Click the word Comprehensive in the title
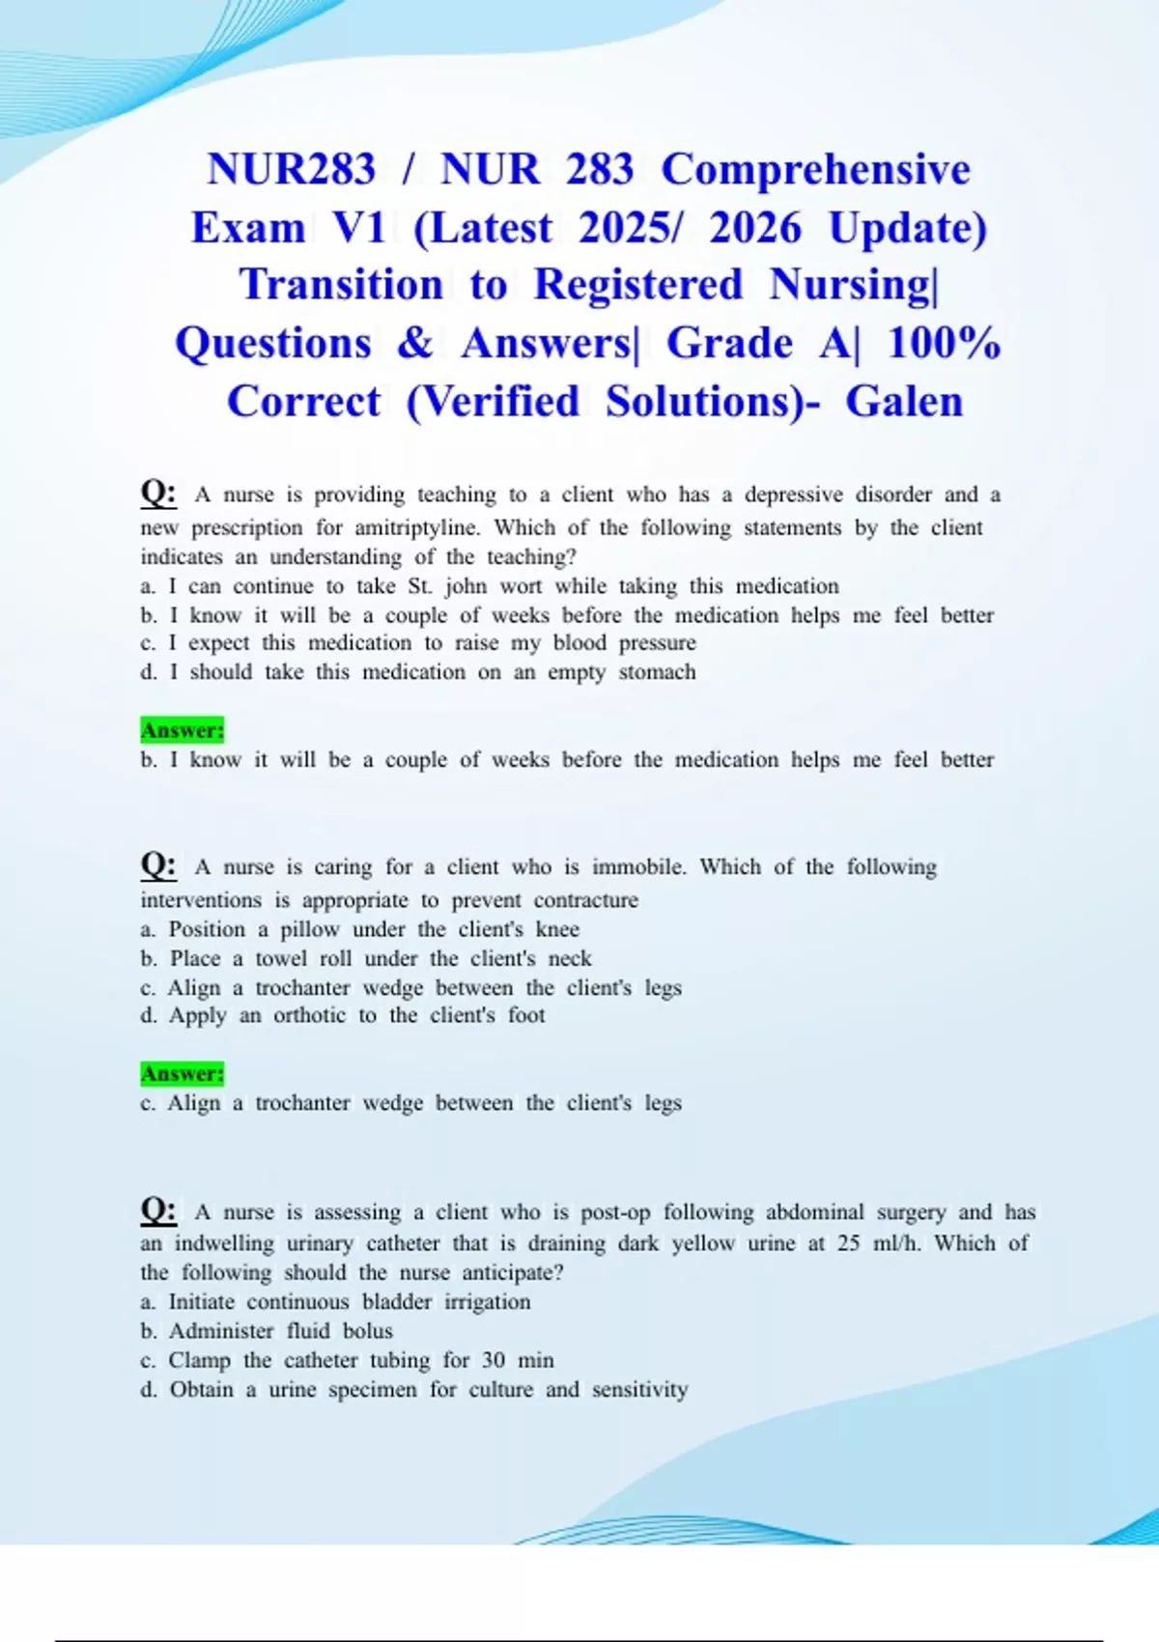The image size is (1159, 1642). pos(815,169)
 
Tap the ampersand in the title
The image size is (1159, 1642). pos(415,343)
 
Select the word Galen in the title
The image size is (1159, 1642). pos(904,402)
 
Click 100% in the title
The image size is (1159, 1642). pos(944,343)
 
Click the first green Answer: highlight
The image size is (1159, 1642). pos(183,730)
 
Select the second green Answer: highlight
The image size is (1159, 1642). pos(183,1073)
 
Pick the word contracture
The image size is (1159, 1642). pos(585,900)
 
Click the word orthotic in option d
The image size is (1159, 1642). pos(309,1015)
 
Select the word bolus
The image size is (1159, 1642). pos(368,1331)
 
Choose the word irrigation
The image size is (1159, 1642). pos(487,1302)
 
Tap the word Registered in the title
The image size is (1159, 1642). pos(638,285)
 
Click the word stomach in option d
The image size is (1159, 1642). pos(657,672)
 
